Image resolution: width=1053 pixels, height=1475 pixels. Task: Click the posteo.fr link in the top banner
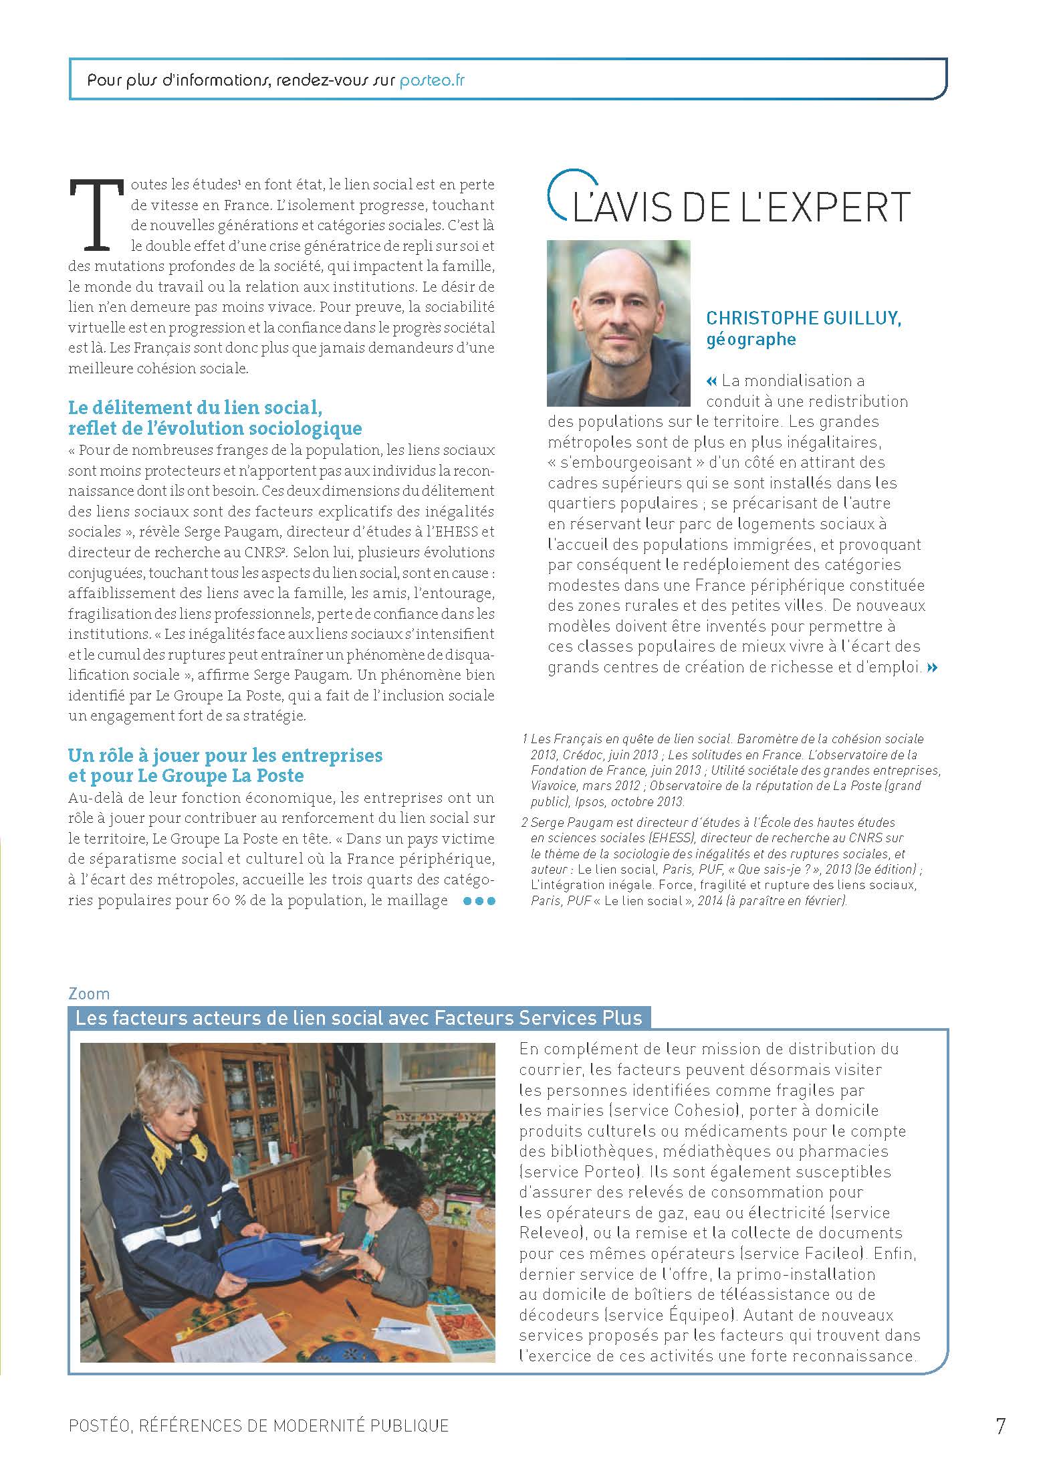click(432, 81)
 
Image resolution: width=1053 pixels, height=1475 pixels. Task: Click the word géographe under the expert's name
click(751, 340)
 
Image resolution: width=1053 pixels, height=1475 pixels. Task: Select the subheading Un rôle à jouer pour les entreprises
click(225, 755)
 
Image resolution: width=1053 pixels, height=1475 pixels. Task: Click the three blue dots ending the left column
click(479, 901)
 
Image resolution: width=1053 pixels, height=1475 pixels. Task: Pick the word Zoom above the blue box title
click(89, 993)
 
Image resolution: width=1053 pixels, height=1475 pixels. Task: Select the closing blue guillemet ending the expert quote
click(933, 667)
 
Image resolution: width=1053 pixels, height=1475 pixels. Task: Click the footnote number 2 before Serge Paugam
click(525, 822)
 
